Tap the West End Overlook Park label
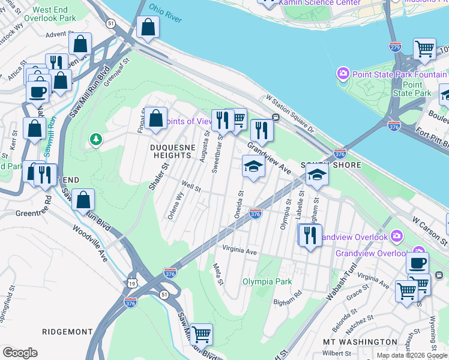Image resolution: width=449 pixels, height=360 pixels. pos(55,14)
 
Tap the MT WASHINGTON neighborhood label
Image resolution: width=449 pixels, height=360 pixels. pos(360,341)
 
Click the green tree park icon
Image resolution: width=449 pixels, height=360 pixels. pos(95,140)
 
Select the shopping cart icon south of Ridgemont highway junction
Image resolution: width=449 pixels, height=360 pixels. pos(201,334)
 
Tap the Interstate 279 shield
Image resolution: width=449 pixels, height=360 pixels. pos(395,46)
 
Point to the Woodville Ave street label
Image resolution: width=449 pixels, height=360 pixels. pos(90,242)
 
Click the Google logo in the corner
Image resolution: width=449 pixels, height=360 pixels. pos(20,353)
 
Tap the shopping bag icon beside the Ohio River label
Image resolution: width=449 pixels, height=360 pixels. pos(147,26)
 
